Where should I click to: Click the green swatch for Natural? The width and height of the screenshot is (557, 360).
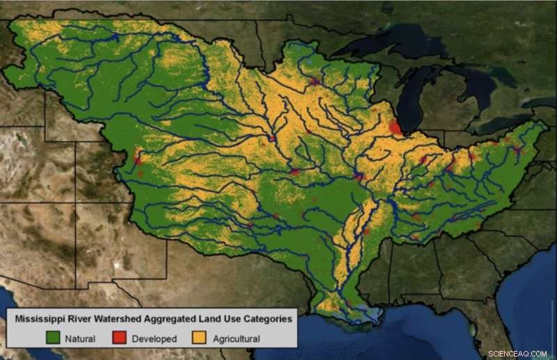[x=53, y=338]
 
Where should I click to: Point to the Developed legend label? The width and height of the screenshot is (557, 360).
[x=153, y=339]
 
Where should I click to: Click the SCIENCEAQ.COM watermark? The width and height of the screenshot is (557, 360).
[x=518, y=354]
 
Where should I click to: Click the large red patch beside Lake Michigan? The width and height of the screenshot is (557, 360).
[x=395, y=127]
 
